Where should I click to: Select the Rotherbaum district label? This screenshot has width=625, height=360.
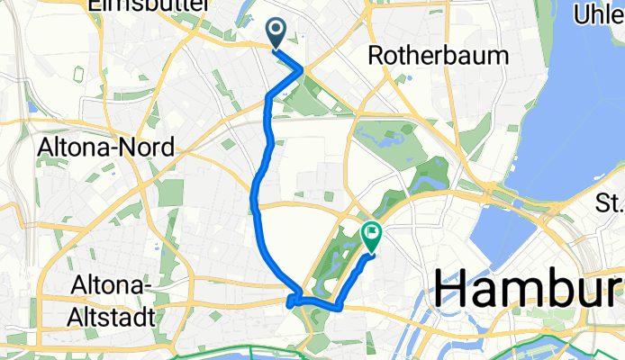(x=439, y=56)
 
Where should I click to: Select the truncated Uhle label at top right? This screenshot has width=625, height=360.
(x=598, y=14)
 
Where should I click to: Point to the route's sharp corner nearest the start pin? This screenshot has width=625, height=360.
(x=302, y=69)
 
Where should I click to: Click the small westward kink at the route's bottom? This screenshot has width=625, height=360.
(x=289, y=304)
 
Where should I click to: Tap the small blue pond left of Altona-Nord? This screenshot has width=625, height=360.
(x=33, y=105)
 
